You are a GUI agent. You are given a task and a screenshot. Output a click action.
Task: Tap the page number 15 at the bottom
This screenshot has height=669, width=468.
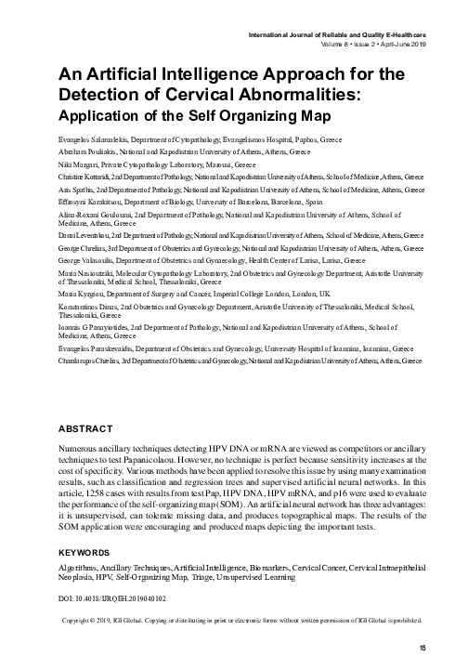pos(422,647)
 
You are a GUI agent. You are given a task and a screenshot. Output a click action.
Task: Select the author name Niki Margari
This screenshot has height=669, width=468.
pos(77,161)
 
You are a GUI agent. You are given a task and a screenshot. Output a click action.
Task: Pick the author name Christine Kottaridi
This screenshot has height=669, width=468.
pos(92,174)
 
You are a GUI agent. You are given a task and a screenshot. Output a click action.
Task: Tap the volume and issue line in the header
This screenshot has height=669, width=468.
pos(373,44)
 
